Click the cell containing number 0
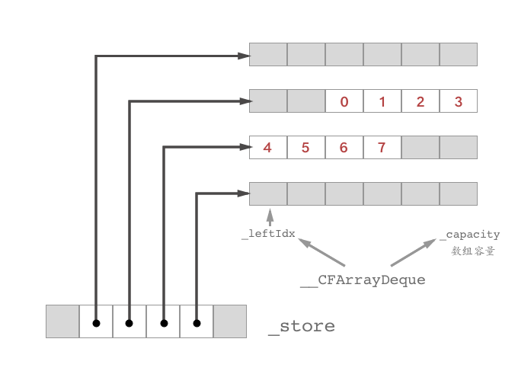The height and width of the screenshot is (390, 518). click(x=344, y=101)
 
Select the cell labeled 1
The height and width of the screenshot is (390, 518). click(x=382, y=101)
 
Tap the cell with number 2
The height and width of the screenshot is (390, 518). click(x=420, y=101)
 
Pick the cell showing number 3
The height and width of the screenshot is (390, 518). click(x=458, y=101)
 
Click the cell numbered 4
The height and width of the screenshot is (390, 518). click(x=267, y=148)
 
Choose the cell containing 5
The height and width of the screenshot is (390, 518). click(x=305, y=148)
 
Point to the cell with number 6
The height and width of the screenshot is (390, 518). click(x=344, y=148)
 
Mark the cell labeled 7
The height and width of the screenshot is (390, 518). click(x=382, y=148)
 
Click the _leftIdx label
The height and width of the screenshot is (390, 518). click(x=268, y=234)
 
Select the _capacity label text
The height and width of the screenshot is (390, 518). click(x=473, y=235)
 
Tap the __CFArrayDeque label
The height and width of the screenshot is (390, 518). click(x=363, y=280)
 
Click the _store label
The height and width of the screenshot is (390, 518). click(x=302, y=327)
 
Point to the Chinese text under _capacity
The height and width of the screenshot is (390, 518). click(x=473, y=251)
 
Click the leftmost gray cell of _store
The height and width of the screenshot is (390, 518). click(x=62, y=321)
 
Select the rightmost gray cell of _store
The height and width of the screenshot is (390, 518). click(x=230, y=321)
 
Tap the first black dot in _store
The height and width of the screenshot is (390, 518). click(x=96, y=324)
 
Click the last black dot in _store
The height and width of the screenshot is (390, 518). click(x=197, y=324)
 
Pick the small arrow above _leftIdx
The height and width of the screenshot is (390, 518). click(x=269, y=216)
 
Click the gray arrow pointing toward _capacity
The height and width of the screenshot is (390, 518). click(x=416, y=253)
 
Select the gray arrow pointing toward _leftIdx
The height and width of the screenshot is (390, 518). click(x=320, y=253)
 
